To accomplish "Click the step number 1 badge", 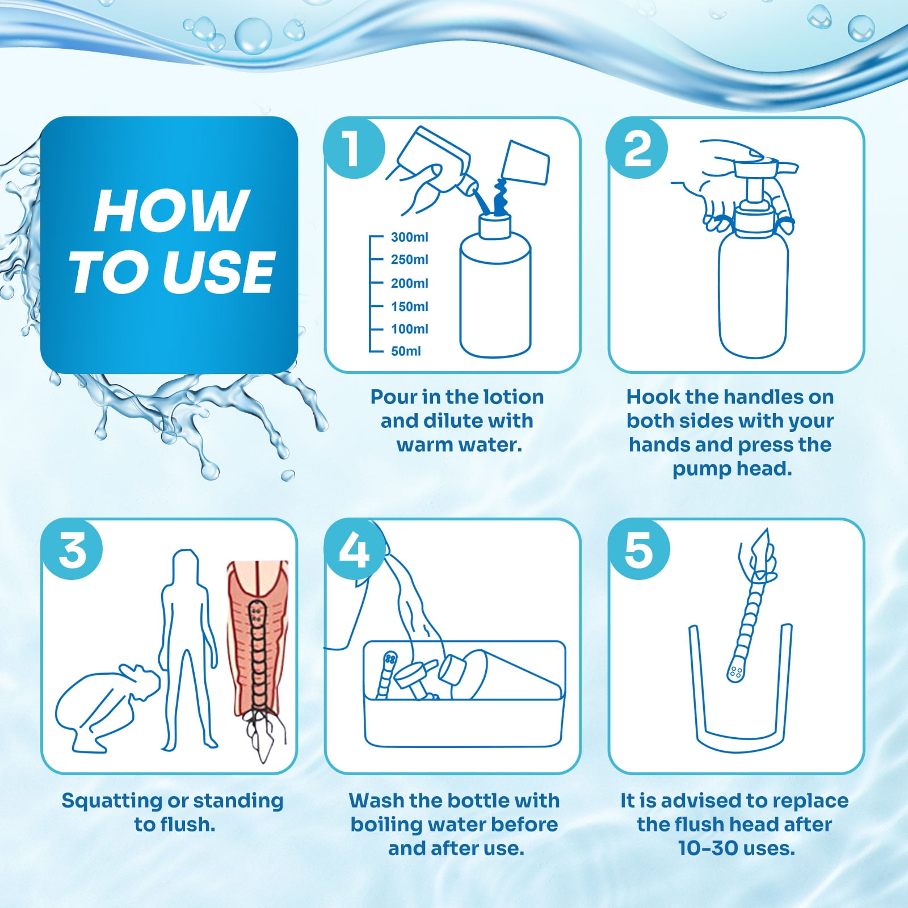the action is tap(354, 148).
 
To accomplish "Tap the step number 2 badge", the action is tap(637, 148).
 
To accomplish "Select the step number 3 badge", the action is tap(72, 549).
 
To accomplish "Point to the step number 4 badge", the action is tap(355, 549).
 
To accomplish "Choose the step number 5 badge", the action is tap(638, 549).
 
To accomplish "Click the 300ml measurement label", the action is tap(409, 237).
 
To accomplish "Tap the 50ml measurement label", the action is tap(406, 351).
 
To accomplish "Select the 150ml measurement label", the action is tap(409, 306).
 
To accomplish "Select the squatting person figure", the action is tap(105, 707).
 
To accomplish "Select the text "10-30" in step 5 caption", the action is tap(704, 848).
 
